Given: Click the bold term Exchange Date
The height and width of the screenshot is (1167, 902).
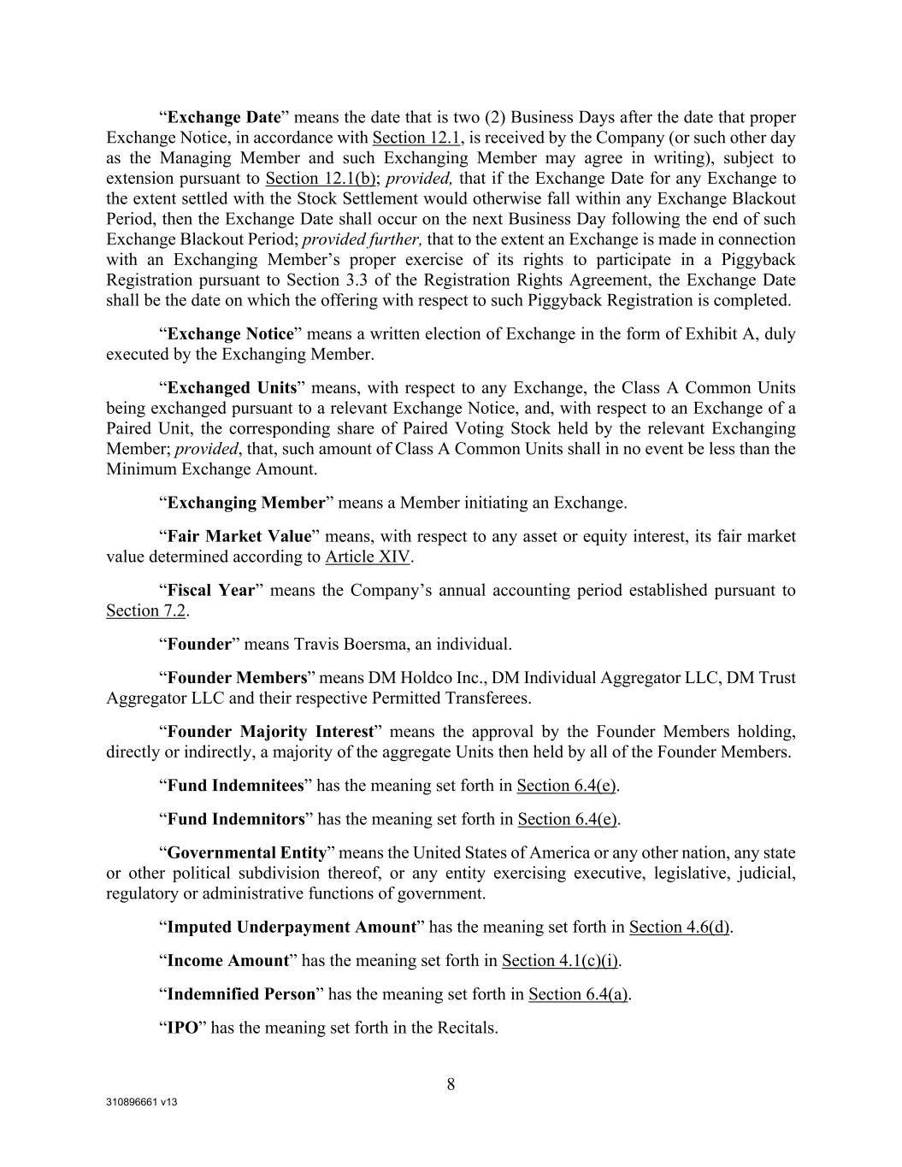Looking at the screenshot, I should point(224,117).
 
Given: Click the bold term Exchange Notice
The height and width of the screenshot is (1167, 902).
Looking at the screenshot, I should point(231,333).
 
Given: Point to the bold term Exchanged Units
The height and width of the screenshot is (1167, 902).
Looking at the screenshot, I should point(232,387).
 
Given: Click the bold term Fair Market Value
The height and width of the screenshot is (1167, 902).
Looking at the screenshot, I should point(239,537).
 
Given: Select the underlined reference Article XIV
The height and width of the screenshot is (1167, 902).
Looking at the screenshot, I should point(368,557).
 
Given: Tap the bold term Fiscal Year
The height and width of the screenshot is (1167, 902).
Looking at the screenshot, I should point(211,591).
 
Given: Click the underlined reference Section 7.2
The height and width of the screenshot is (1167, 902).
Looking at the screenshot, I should point(145,610).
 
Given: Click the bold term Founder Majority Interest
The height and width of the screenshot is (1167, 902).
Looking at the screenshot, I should point(271,732).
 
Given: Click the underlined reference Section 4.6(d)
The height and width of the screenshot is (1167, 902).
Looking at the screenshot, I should point(679,927).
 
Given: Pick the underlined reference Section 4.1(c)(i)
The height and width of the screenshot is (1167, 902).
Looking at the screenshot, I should point(560,960).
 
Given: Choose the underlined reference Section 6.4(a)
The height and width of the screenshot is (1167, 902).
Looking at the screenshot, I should point(578,993).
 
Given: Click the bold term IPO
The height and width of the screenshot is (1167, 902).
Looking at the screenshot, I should point(182,1028).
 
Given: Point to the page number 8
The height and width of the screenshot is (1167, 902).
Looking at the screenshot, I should point(451,1085).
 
